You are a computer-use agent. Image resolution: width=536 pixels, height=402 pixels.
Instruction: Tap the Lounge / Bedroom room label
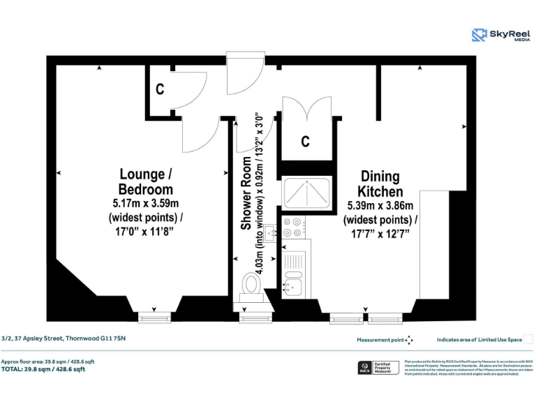pos(146,181)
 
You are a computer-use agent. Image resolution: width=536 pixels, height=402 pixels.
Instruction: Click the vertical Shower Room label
pos(246,193)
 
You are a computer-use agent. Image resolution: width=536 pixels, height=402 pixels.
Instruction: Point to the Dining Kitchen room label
pos(380,184)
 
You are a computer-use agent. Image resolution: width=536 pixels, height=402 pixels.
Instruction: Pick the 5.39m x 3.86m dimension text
pos(380,206)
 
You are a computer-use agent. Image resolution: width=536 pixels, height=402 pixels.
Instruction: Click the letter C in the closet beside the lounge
pos(160,89)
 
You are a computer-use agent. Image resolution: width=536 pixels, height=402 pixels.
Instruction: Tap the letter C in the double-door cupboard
pos(305,142)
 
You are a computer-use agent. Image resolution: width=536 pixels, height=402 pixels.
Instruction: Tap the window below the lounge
pos(154,318)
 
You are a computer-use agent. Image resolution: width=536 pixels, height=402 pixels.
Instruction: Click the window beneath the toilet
pos(251,318)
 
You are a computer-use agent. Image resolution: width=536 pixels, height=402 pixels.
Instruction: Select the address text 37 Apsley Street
pos(64,338)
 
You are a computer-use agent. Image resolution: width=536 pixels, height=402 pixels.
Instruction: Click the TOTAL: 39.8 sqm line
pos(43,369)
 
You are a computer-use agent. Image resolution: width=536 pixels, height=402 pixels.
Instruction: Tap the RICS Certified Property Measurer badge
pos(378,367)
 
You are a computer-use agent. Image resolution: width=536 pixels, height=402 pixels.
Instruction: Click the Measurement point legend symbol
pos(410,340)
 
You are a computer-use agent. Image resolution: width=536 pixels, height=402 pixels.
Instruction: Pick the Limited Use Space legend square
pos(528,340)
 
